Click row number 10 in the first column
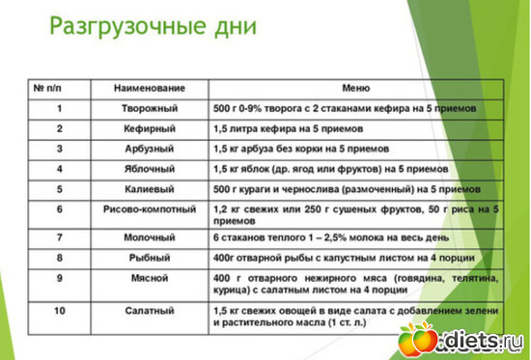point(59,312)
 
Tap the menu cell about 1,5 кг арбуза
point(300,150)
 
